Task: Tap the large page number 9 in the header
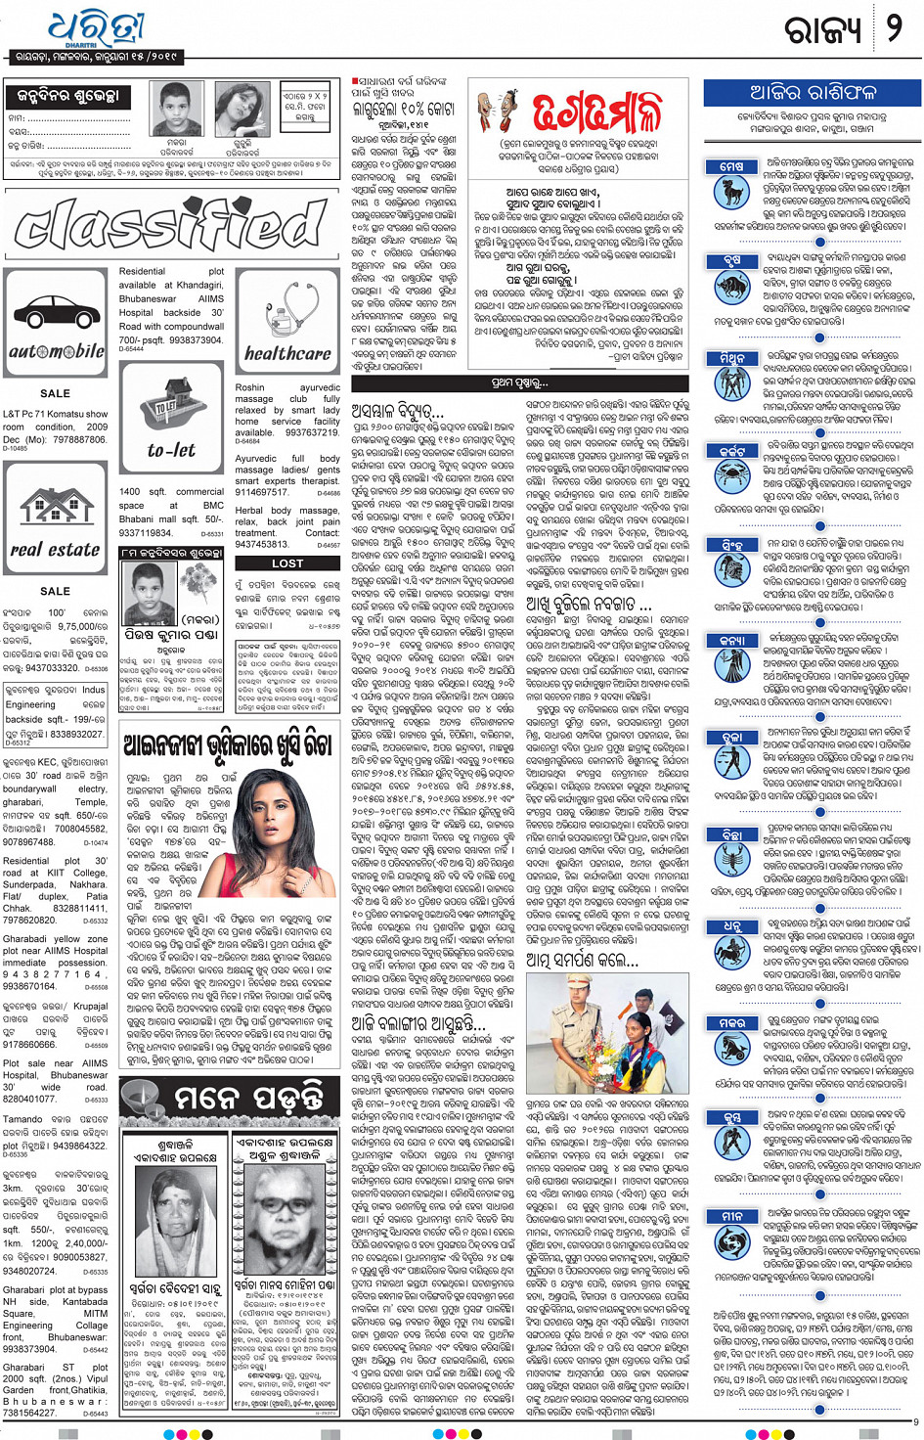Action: pyautogui.click(x=893, y=28)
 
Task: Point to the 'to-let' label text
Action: pyautogui.click(x=171, y=450)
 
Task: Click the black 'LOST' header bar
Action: pyautogui.click(x=286, y=563)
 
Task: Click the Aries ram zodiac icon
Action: pyautogui.click(x=731, y=191)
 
